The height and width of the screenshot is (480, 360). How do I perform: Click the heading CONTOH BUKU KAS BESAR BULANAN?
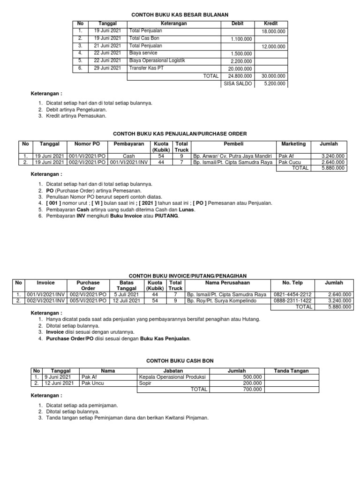click(x=180, y=15)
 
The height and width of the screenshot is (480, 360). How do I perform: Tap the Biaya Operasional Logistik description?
click(x=157, y=60)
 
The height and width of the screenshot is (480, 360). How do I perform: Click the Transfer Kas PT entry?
click(x=146, y=68)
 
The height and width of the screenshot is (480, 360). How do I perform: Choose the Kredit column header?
click(x=271, y=23)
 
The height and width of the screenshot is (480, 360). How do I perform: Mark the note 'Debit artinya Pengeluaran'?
click(x=73, y=109)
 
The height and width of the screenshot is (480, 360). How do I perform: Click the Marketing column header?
click(x=293, y=144)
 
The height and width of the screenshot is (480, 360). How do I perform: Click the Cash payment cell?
click(x=128, y=156)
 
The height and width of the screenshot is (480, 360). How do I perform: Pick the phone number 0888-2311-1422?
click(x=292, y=301)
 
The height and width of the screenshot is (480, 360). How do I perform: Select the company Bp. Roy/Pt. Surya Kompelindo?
click(x=217, y=301)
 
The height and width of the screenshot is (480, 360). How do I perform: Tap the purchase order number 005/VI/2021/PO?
click(x=88, y=301)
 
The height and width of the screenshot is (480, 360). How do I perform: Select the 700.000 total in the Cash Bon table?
click(x=252, y=389)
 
